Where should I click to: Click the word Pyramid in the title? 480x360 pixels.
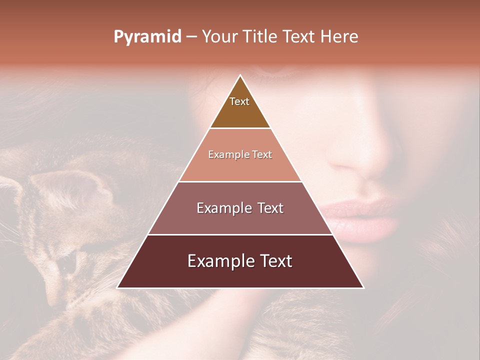pyautogui.click(x=147, y=37)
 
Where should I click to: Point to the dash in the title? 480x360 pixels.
pyautogui.click(x=191, y=37)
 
